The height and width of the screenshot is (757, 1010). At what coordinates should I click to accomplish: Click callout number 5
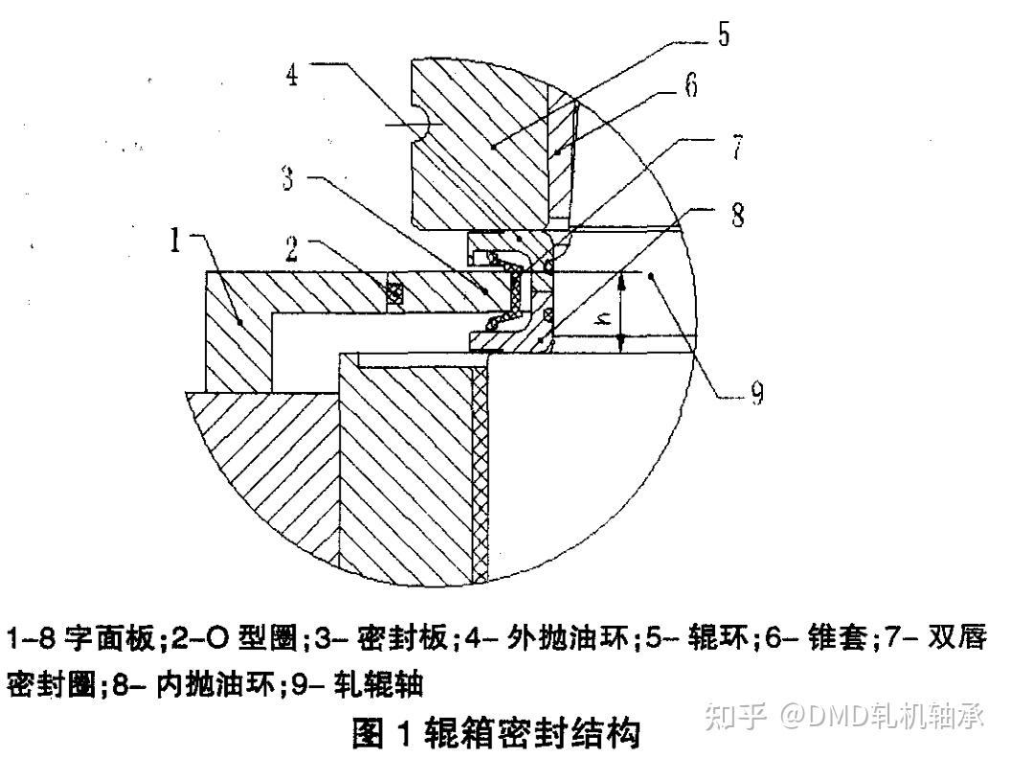[722, 35]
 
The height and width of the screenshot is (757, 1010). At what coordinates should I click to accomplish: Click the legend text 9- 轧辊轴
[364, 684]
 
